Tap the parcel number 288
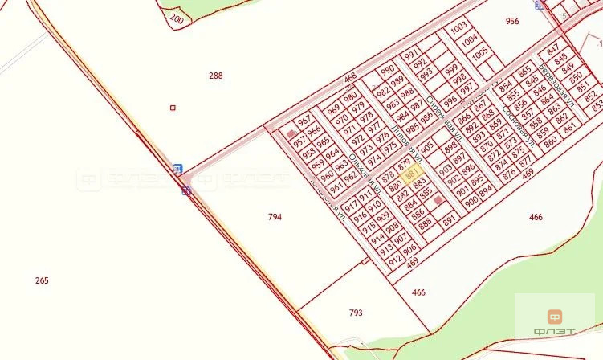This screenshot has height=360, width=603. [x=215, y=76]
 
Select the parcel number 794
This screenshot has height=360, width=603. [x=275, y=217]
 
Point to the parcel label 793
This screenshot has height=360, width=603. [x=356, y=313]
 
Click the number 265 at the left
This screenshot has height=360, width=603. [x=42, y=280]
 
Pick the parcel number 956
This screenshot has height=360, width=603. [x=512, y=22]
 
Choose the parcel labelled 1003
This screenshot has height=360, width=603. [x=459, y=27]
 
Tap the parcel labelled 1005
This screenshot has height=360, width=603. [x=480, y=52]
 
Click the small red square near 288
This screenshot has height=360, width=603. [x=172, y=107]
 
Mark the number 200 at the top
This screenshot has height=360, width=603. [x=177, y=18]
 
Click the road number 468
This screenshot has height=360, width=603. [x=349, y=78]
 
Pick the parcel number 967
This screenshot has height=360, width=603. [x=304, y=121]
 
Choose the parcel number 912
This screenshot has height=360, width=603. [x=395, y=260]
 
